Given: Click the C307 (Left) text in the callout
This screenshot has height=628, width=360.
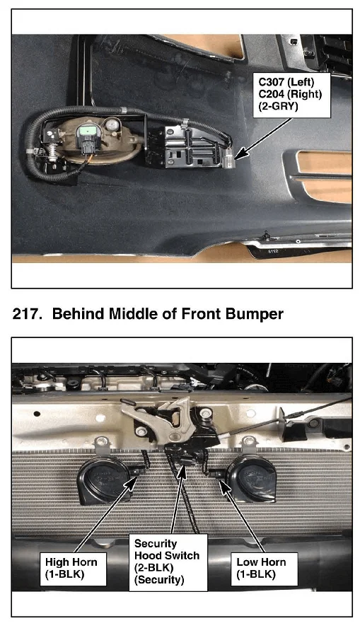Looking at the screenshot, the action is coord(286,82).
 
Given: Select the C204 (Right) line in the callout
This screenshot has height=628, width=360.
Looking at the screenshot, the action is coord(290,94).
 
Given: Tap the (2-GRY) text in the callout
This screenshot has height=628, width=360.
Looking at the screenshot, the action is coord(278,106).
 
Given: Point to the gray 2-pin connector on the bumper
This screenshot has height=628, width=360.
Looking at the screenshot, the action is coord(228,160).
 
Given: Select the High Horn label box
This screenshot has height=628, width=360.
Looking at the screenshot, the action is coord(73,569).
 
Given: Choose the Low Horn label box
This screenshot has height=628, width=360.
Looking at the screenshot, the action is coord(263,569).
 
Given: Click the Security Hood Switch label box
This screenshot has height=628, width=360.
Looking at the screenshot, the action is coord(168,562).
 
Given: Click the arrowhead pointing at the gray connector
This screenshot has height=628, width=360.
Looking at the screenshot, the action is coord(241,154).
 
